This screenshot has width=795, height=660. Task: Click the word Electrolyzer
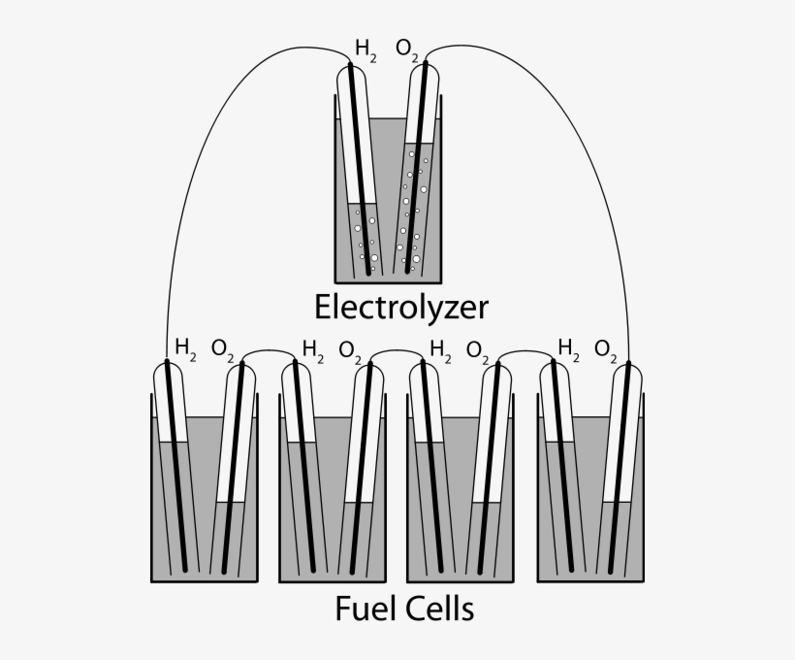[401, 308]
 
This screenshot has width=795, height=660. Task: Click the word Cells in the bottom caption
[440, 610]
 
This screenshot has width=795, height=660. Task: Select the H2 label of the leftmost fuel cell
[185, 347]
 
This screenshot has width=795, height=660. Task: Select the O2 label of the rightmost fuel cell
[606, 348]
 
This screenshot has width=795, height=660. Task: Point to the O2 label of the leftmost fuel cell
[222, 348]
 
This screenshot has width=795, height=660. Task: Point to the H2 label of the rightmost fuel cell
[569, 347]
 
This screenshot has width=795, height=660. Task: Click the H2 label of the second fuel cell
[313, 347]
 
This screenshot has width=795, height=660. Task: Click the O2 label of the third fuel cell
[478, 348]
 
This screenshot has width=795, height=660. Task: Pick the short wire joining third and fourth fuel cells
[525, 351]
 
